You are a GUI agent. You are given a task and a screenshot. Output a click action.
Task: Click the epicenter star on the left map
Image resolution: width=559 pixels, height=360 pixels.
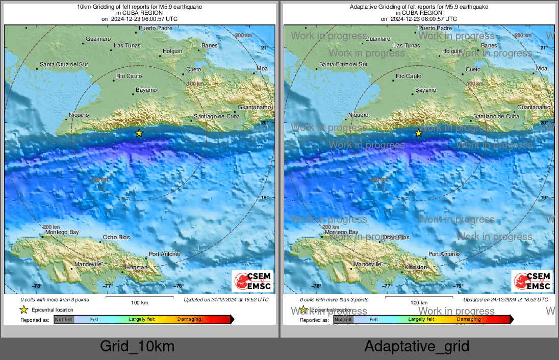[139, 133]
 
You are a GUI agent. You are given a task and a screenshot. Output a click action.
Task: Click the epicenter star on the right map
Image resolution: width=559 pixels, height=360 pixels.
[418, 133]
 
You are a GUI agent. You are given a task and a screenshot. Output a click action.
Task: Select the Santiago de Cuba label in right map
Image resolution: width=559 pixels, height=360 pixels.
[496, 117]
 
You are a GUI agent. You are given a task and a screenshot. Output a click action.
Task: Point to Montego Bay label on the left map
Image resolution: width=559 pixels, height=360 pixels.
[62, 233]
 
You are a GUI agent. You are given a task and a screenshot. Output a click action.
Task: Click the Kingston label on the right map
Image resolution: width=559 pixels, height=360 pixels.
[415, 267]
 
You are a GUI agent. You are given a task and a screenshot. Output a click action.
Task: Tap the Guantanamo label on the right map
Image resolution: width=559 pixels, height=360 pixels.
[533, 108]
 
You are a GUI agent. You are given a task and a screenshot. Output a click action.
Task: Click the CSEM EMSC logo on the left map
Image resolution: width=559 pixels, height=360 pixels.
[252, 281]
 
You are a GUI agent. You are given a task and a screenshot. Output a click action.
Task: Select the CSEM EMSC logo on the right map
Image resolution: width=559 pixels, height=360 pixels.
[532, 281]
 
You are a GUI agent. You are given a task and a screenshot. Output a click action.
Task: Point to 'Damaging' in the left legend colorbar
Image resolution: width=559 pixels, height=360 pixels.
[189, 319]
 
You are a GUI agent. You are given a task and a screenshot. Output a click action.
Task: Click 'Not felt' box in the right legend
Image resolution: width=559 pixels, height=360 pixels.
[343, 320]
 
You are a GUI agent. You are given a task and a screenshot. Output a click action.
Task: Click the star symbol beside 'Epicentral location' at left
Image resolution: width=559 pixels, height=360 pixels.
[23, 310]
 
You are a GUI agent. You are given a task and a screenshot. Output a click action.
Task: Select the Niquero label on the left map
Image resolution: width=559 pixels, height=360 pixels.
[79, 115]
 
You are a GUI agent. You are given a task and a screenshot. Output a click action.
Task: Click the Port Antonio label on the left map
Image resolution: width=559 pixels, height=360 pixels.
[164, 254]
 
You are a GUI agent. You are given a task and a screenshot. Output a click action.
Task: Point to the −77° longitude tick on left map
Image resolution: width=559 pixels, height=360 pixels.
[108, 286]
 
